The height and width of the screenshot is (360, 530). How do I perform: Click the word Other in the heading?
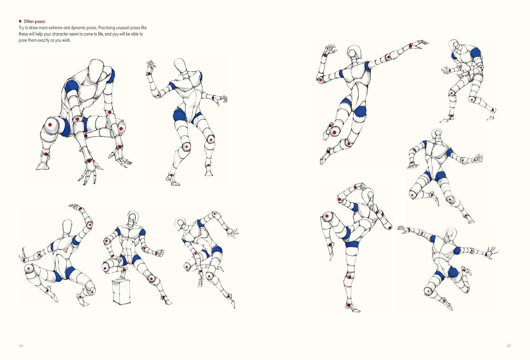(x=28, y=22)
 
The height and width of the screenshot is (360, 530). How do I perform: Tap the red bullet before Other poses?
(x=20, y=21)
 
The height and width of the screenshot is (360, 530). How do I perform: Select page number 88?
(x=21, y=346)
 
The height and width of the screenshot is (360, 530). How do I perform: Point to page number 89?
(x=509, y=346)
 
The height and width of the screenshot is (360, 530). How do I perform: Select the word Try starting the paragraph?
(x=22, y=28)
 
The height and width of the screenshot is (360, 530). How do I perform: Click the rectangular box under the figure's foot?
(x=122, y=292)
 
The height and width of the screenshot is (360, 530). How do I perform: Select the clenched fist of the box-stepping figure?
(x=160, y=253)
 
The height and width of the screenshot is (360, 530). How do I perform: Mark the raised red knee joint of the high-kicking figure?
(x=326, y=216)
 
